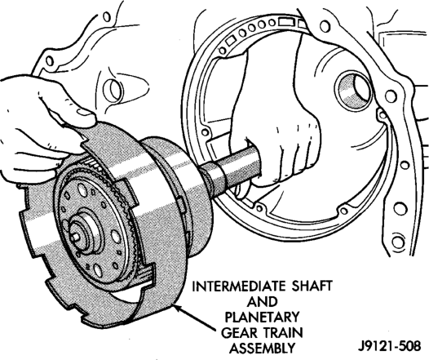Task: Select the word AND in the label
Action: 262,302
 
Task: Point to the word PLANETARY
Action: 262,318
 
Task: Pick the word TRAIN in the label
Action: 284,333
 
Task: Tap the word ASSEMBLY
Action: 262,349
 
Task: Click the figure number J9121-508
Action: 389,346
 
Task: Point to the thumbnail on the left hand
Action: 84,113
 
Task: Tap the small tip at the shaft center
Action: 74,237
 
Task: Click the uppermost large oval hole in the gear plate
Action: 82,189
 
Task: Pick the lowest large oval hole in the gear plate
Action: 97,270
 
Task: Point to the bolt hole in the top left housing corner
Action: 49,60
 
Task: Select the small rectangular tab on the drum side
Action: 180,203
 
